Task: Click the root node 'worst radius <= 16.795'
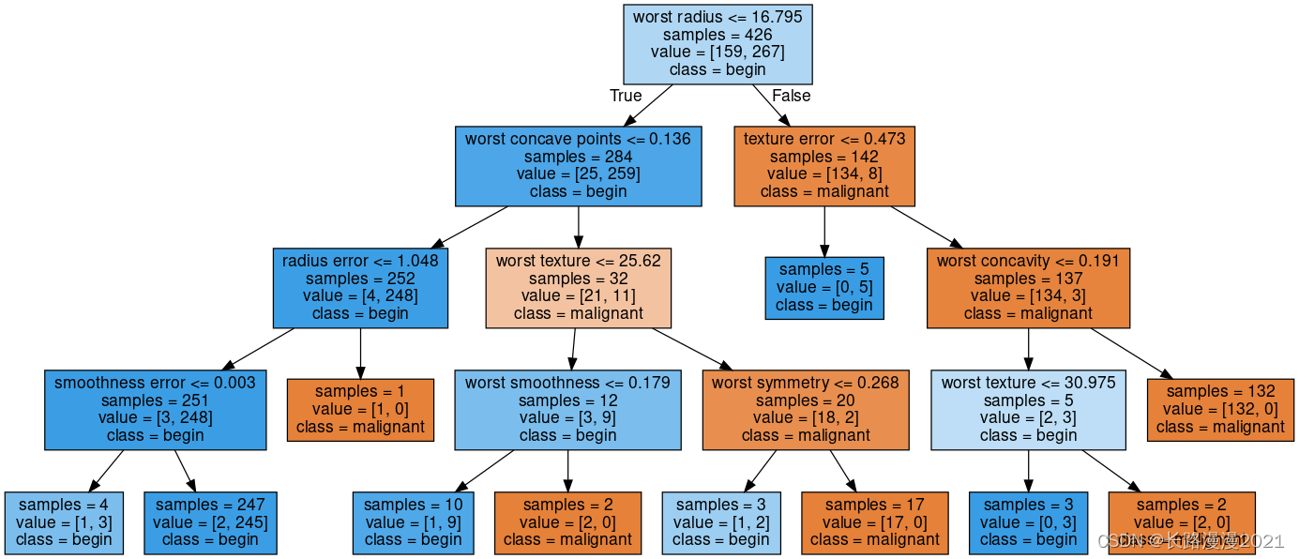click(x=717, y=43)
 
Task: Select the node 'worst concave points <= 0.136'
click(x=578, y=165)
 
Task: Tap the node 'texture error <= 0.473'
click(x=824, y=165)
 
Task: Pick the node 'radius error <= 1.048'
click(x=360, y=287)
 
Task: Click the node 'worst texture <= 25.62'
click(x=579, y=287)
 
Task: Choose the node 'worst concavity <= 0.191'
click(x=1028, y=287)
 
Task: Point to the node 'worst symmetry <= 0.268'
click(x=806, y=409)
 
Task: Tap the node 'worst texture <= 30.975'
click(x=1028, y=409)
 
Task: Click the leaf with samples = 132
click(x=1220, y=409)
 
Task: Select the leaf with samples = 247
click(x=211, y=521)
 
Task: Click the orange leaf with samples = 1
click(x=360, y=409)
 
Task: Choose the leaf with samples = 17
click(x=874, y=521)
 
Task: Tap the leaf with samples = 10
click(x=413, y=521)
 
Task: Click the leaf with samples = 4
click(x=64, y=521)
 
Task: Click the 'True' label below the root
click(x=626, y=96)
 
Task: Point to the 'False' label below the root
click(x=791, y=96)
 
